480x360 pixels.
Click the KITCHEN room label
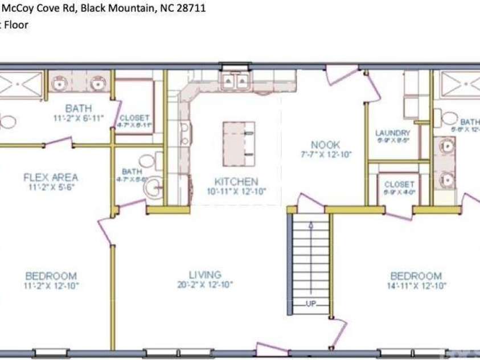tap(236, 182)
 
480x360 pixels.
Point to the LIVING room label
tap(205, 275)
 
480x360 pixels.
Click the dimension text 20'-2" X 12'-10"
tap(205, 285)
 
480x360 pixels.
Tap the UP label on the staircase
tap(311, 304)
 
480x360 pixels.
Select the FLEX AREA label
tap(50, 177)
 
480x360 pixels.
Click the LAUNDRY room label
tap(393, 133)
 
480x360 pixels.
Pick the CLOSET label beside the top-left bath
tap(134, 118)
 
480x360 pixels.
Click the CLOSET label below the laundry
tap(399, 185)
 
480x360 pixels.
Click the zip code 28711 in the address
tap(192, 9)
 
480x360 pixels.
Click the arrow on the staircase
tap(311, 227)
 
